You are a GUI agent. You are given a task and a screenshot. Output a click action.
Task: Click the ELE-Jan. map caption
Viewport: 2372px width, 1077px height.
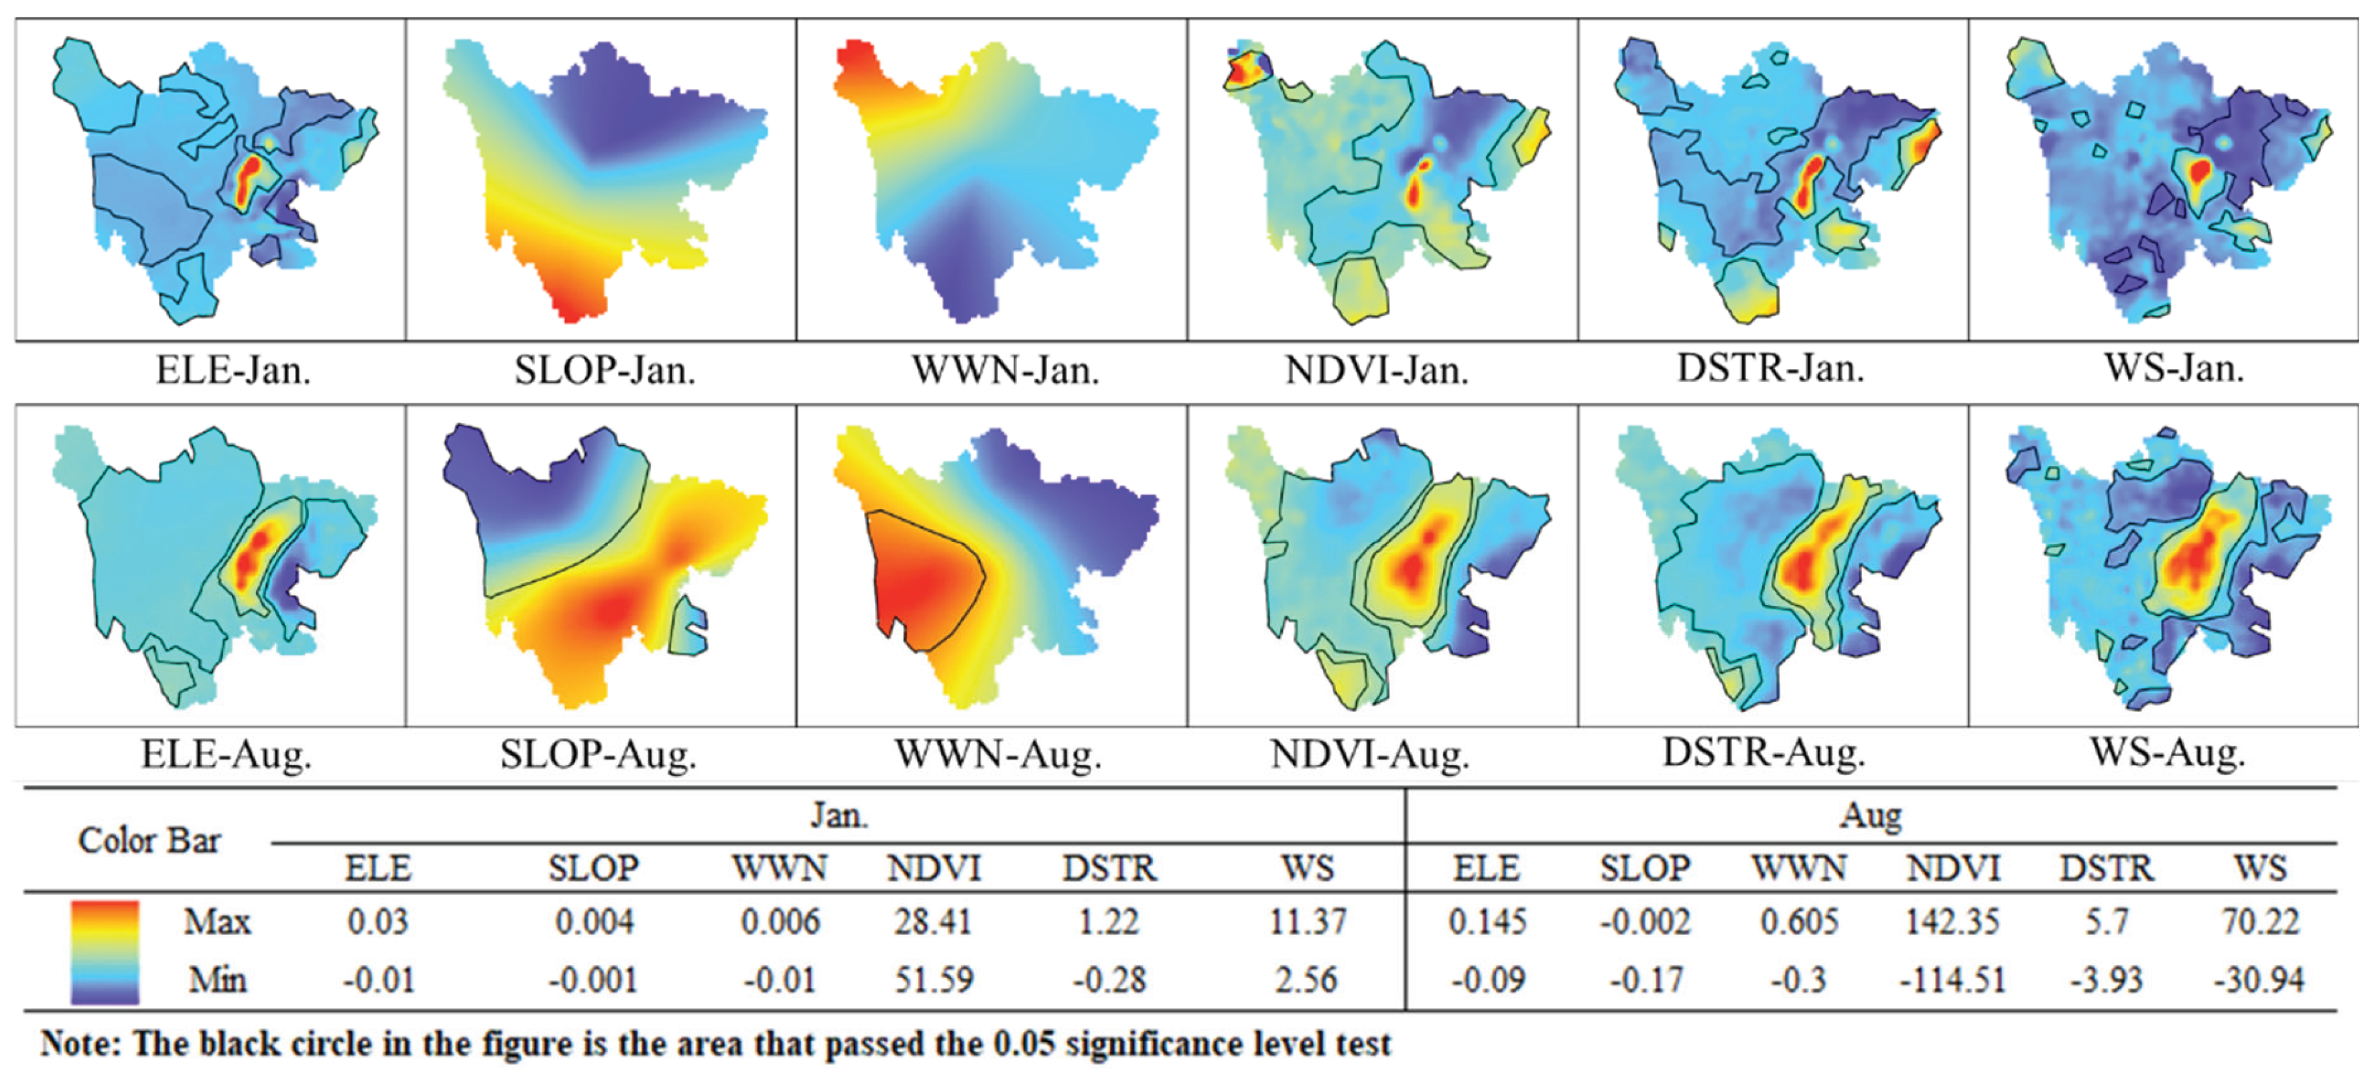(x=233, y=370)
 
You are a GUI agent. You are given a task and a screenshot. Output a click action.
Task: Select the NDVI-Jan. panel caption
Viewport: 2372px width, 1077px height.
(x=1377, y=370)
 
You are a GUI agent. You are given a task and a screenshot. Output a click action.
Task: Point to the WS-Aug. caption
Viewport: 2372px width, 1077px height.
(x=2168, y=753)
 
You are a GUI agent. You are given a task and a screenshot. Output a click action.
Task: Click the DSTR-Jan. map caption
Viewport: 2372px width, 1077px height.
(x=1770, y=368)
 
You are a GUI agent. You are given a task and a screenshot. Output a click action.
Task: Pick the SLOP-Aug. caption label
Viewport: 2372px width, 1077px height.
(x=599, y=755)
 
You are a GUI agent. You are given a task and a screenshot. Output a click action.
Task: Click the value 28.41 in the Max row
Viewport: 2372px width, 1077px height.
(x=933, y=922)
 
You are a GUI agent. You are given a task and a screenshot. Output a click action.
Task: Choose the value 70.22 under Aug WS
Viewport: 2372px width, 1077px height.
(x=2261, y=922)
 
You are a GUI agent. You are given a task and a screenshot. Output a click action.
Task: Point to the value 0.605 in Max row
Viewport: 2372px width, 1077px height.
(x=1798, y=922)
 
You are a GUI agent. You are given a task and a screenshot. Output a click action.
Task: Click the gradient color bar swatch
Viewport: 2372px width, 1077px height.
(x=105, y=952)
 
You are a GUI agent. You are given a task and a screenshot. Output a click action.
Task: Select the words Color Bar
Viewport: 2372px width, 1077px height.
(x=149, y=841)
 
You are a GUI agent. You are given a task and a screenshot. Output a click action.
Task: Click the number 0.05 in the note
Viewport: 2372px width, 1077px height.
(x=1023, y=1045)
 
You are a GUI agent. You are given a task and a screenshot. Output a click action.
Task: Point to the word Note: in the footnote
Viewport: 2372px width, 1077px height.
(x=81, y=1045)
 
